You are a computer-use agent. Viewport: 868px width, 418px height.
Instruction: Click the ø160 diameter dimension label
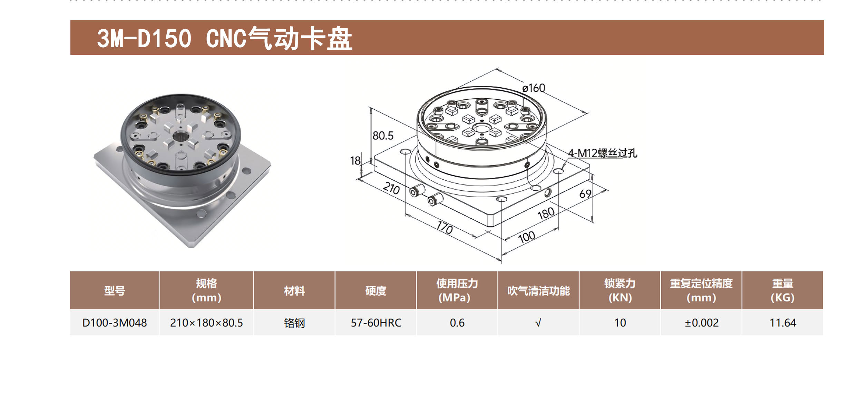point(534,88)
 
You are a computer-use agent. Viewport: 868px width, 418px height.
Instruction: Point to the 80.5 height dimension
point(383,136)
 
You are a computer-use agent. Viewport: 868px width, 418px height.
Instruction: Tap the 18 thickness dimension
point(355,161)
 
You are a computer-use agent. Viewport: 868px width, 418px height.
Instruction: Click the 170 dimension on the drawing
point(445,228)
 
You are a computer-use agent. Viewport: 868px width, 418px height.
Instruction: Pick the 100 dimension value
point(527,237)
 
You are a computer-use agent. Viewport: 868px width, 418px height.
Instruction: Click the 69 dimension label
point(585,194)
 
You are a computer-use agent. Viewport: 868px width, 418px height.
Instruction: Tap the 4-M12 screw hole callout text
point(603,153)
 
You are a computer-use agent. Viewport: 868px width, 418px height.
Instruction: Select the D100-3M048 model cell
point(115,323)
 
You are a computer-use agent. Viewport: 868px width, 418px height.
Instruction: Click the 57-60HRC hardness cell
point(376,323)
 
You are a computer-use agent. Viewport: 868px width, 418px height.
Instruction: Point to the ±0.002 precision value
point(701,323)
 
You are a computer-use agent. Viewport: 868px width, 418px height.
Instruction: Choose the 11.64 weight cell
point(782,323)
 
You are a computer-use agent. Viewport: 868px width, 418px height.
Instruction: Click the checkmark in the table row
point(538,323)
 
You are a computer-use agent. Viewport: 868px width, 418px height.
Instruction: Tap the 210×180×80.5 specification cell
point(206,323)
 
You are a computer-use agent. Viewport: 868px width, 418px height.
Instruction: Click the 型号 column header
point(115,291)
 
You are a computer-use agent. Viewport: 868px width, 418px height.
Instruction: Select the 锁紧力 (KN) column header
point(620,290)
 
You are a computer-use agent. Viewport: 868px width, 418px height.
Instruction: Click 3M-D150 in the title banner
point(144,38)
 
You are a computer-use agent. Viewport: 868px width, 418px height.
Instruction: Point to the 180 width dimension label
point(546,213)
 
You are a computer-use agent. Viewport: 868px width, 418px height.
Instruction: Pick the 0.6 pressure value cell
point(457,323)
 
